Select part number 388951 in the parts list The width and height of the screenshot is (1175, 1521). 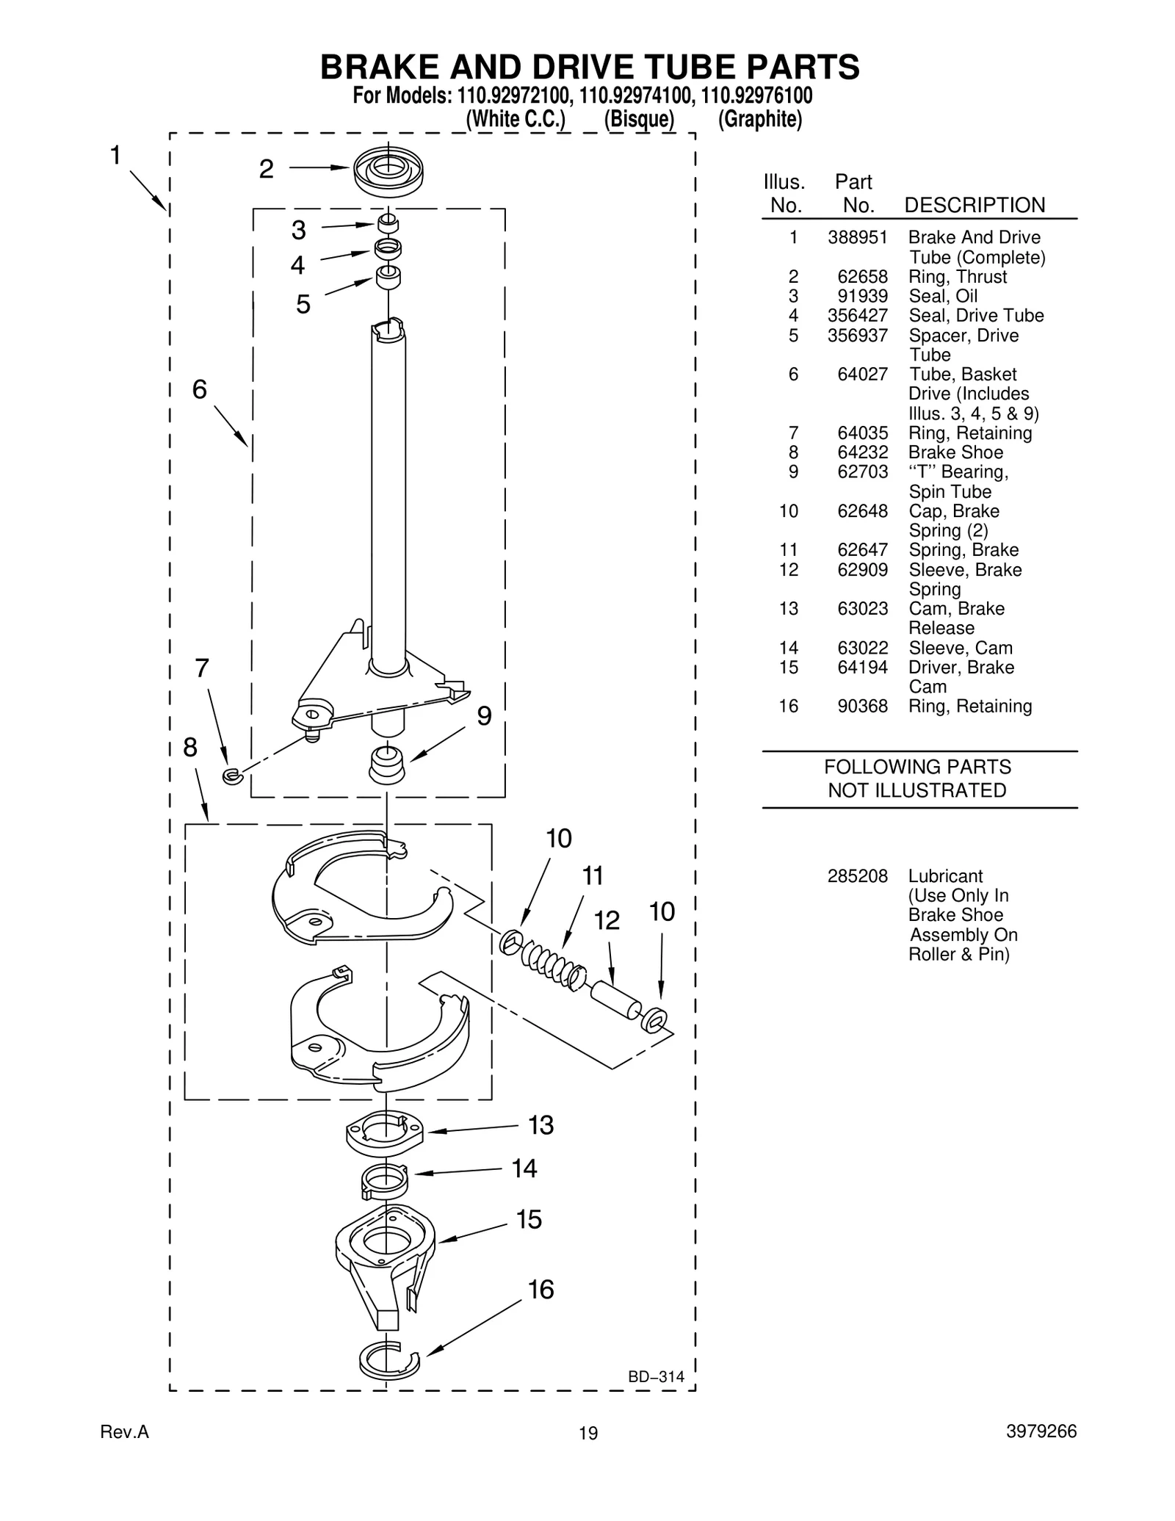857,237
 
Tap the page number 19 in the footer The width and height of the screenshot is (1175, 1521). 587,1433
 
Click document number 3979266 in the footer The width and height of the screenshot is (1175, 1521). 1041,1431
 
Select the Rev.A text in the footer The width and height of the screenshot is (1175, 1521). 124,1431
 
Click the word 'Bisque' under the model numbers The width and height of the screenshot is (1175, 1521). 639,119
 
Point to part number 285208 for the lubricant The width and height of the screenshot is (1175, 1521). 857,876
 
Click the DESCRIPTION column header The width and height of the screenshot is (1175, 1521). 974,205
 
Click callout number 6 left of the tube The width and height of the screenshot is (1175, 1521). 200,389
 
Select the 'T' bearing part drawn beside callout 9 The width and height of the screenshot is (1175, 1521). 387,764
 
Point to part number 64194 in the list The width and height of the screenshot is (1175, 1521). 862,668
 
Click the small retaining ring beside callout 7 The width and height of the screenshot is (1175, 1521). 232,776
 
